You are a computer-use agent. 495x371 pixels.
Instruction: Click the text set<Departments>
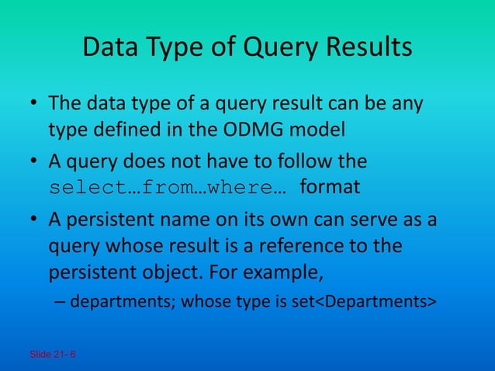pyautogui.click(x=372, y=302)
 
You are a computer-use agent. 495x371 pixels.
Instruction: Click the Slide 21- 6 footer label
pyautogui.click(x=53, y=355)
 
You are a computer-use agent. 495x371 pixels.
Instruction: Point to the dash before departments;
pyautogui.click(x=60, y=302)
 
